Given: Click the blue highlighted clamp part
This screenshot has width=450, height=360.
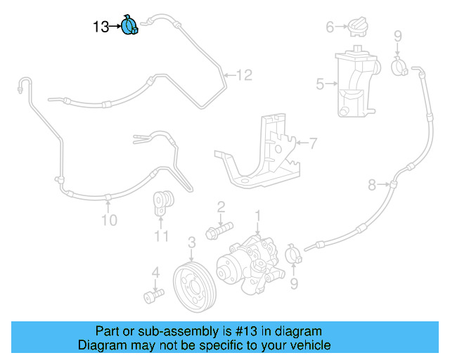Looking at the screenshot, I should [130, 26].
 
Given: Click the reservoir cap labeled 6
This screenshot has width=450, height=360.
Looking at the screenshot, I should [356, 27].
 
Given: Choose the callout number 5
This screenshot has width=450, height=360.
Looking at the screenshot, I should [320, 85].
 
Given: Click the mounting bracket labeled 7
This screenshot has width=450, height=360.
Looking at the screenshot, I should [264, 159].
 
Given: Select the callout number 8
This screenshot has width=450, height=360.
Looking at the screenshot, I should [373, 186].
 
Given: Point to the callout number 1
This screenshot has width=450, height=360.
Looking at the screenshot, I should [258, 214].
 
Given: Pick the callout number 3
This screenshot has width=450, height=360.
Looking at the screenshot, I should [191, 243].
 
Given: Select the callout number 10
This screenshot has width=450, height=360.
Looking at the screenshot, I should [108, 220].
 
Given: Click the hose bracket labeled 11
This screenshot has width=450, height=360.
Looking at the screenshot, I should [163, 204].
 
